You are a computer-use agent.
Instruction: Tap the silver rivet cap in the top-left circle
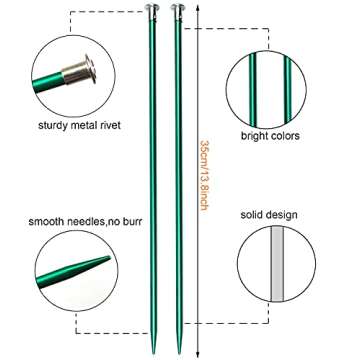pos(81,71)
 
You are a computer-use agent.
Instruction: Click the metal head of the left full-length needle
pos(157,8)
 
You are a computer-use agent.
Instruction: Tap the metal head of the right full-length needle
pos(181,8)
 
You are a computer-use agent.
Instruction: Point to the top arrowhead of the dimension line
pos(197,8)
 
